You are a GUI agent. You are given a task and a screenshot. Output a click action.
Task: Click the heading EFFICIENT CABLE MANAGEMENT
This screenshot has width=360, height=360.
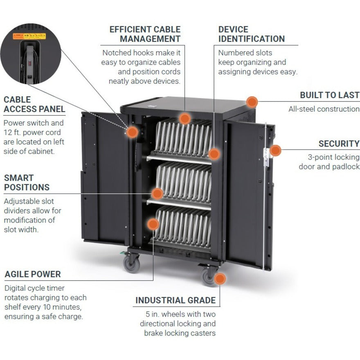pos(145,34)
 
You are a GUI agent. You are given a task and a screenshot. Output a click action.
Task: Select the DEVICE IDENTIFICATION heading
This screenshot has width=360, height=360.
pos(251,34)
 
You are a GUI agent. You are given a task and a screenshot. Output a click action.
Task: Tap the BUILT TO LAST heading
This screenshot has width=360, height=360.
pos(329,95)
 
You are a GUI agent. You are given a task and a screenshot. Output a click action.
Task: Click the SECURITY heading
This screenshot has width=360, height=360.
pos(339,144)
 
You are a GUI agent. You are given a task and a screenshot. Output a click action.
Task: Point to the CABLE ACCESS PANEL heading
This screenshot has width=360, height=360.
pos(34,104)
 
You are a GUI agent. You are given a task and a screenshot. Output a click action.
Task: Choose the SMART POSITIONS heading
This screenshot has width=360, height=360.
pos(27,183)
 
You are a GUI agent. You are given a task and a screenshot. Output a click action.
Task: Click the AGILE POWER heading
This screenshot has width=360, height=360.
pos(33,274)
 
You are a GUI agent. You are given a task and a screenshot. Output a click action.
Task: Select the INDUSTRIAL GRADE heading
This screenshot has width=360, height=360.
pos(175,300)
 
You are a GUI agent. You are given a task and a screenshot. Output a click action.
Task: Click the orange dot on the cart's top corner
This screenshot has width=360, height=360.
pos(252,102)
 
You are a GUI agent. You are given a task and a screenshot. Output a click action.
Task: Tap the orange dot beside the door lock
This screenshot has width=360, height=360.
pos(276,151)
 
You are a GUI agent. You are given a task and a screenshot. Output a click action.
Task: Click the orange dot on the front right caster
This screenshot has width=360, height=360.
pos(220,279)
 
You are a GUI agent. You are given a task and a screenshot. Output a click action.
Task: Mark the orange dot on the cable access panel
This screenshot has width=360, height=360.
pos(132,132)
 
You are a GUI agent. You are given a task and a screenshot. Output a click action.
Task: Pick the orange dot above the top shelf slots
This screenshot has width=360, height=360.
pos(185,119)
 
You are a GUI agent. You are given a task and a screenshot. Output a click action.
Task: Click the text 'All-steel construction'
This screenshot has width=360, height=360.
pos(324,109)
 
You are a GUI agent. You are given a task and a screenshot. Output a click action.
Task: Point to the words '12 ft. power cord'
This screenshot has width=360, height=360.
pos(32,133)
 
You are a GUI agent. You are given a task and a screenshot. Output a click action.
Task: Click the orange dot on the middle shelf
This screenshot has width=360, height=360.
pos(157,193)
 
